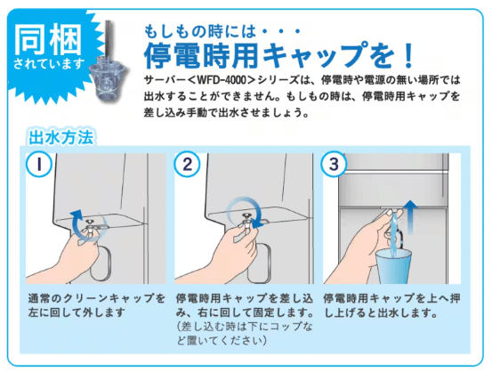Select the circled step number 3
334,165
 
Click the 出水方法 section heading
61,138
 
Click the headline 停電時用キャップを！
267,56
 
